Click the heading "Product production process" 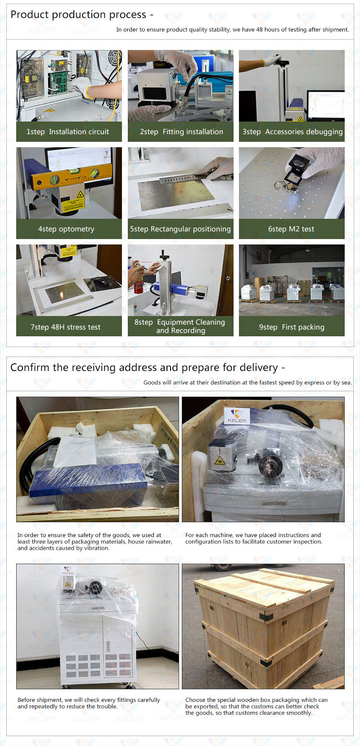pos(78,15)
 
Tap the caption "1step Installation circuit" pos(67,132)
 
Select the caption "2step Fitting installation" pos(181,132)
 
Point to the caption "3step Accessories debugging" pos(292,132)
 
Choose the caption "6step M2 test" pos(291,229)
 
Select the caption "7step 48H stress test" pos(66,327)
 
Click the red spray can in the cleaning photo pos(139,283)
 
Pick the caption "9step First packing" pos(292,327)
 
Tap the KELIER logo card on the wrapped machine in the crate pos(237,416)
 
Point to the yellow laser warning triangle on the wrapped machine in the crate pos(219,461)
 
